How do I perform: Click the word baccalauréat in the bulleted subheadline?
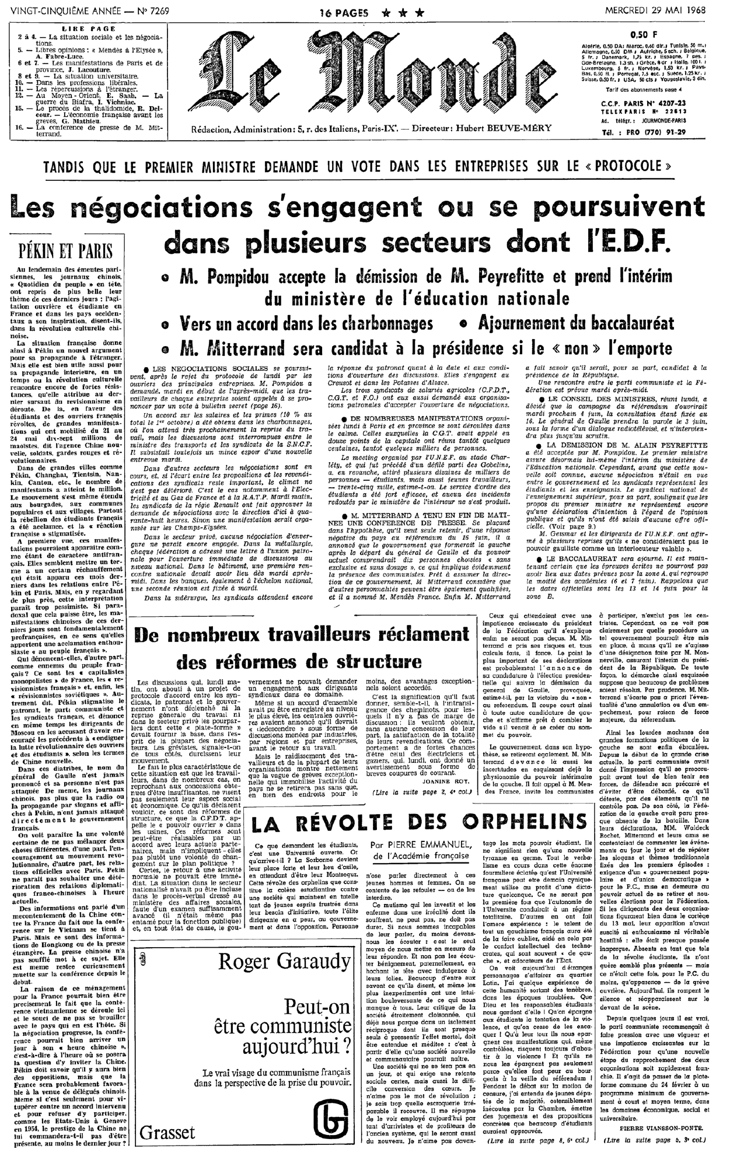pos(621,323)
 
